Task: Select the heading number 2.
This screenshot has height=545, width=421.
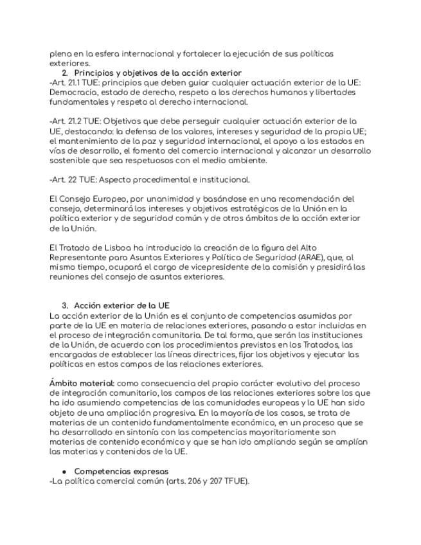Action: click(x=65, y=73)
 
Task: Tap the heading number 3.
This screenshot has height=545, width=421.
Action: click(x=65, y=305)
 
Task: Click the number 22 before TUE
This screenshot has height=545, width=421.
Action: click(x=71, y=179)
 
